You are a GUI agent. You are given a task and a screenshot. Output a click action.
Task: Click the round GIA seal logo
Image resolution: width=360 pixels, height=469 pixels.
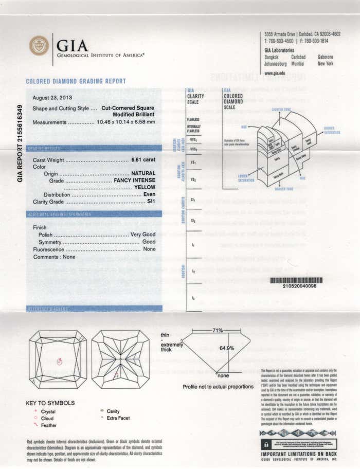click(39, 46)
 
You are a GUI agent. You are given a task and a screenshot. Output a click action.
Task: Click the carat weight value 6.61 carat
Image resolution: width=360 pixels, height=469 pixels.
click(143, 160)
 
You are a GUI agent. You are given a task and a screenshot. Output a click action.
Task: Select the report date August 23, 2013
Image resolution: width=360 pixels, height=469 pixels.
click(52, 98)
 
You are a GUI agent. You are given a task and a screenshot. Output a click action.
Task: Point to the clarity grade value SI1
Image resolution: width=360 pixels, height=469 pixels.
click(151, 202)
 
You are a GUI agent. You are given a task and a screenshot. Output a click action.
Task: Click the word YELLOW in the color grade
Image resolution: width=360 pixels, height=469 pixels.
click(145, 188)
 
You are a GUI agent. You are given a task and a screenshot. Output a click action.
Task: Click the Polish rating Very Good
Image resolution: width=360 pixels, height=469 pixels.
click(143, 234)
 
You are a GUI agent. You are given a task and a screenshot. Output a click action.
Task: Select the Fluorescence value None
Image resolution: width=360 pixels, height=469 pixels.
click(149, 249)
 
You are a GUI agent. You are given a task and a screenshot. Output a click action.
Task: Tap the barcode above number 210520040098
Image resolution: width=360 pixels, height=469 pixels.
click(296, 280)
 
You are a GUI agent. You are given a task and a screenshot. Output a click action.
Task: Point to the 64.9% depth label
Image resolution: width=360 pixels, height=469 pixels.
click(227, 348)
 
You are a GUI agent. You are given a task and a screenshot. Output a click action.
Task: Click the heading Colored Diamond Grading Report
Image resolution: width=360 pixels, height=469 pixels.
click(76, 81)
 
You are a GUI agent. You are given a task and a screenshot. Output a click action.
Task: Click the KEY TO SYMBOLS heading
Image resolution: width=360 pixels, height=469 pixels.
click(50, 403)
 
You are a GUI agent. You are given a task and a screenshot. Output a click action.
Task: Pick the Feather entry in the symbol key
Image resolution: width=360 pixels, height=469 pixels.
click(49, 425)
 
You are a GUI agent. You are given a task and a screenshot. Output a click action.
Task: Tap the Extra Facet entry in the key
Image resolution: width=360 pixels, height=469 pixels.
click(118, 419)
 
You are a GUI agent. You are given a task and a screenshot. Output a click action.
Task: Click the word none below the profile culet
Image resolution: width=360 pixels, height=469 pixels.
click(223, 376)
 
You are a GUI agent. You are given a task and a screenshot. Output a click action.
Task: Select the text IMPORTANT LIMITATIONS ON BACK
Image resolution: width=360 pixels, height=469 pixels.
click(299, 454)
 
